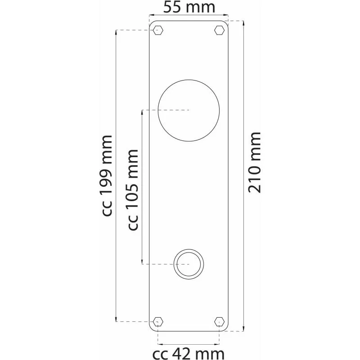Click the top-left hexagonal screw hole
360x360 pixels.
(x=158, y=30)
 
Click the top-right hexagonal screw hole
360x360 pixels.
(x=219, y=30)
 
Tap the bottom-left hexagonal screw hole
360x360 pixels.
(x=158, y=321)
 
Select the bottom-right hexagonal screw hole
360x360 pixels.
(x=219, y=321)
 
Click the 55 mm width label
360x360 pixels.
(x=189, y=7)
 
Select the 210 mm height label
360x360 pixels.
(x=255, y=162)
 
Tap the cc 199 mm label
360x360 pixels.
(x=107, y=175)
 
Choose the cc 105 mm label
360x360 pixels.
(x=133, y=189)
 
